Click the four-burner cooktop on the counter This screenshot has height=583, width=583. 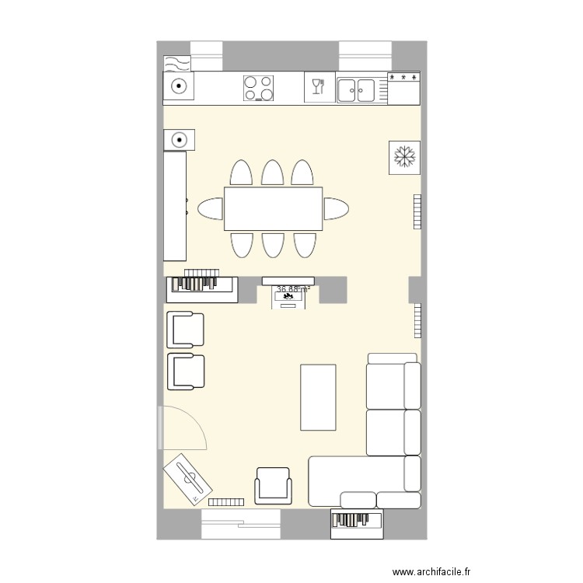[259, 88]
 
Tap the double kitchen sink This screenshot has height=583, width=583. [357, 89]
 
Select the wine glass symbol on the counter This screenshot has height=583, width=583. [317, 86]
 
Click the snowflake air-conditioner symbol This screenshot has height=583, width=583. [404, 157]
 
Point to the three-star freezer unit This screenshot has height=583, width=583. [404, 88]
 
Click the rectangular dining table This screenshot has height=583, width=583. [273, 208]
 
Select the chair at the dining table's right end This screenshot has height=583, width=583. [335, 208]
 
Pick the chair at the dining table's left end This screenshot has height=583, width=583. [211, 208]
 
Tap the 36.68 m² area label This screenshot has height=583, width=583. [293, 289]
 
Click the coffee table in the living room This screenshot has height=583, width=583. [319, 396]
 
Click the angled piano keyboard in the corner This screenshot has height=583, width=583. [188, 477]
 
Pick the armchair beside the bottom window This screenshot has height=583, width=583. [273, 486]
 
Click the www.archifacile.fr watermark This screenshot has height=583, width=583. [432, 571]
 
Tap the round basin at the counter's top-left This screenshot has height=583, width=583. [178, 87]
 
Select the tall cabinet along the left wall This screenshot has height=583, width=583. [175, 206]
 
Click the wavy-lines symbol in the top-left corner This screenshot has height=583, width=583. [176, 63]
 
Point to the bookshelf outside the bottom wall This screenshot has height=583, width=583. [357, 523]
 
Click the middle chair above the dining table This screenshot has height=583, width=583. [272, 173]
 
